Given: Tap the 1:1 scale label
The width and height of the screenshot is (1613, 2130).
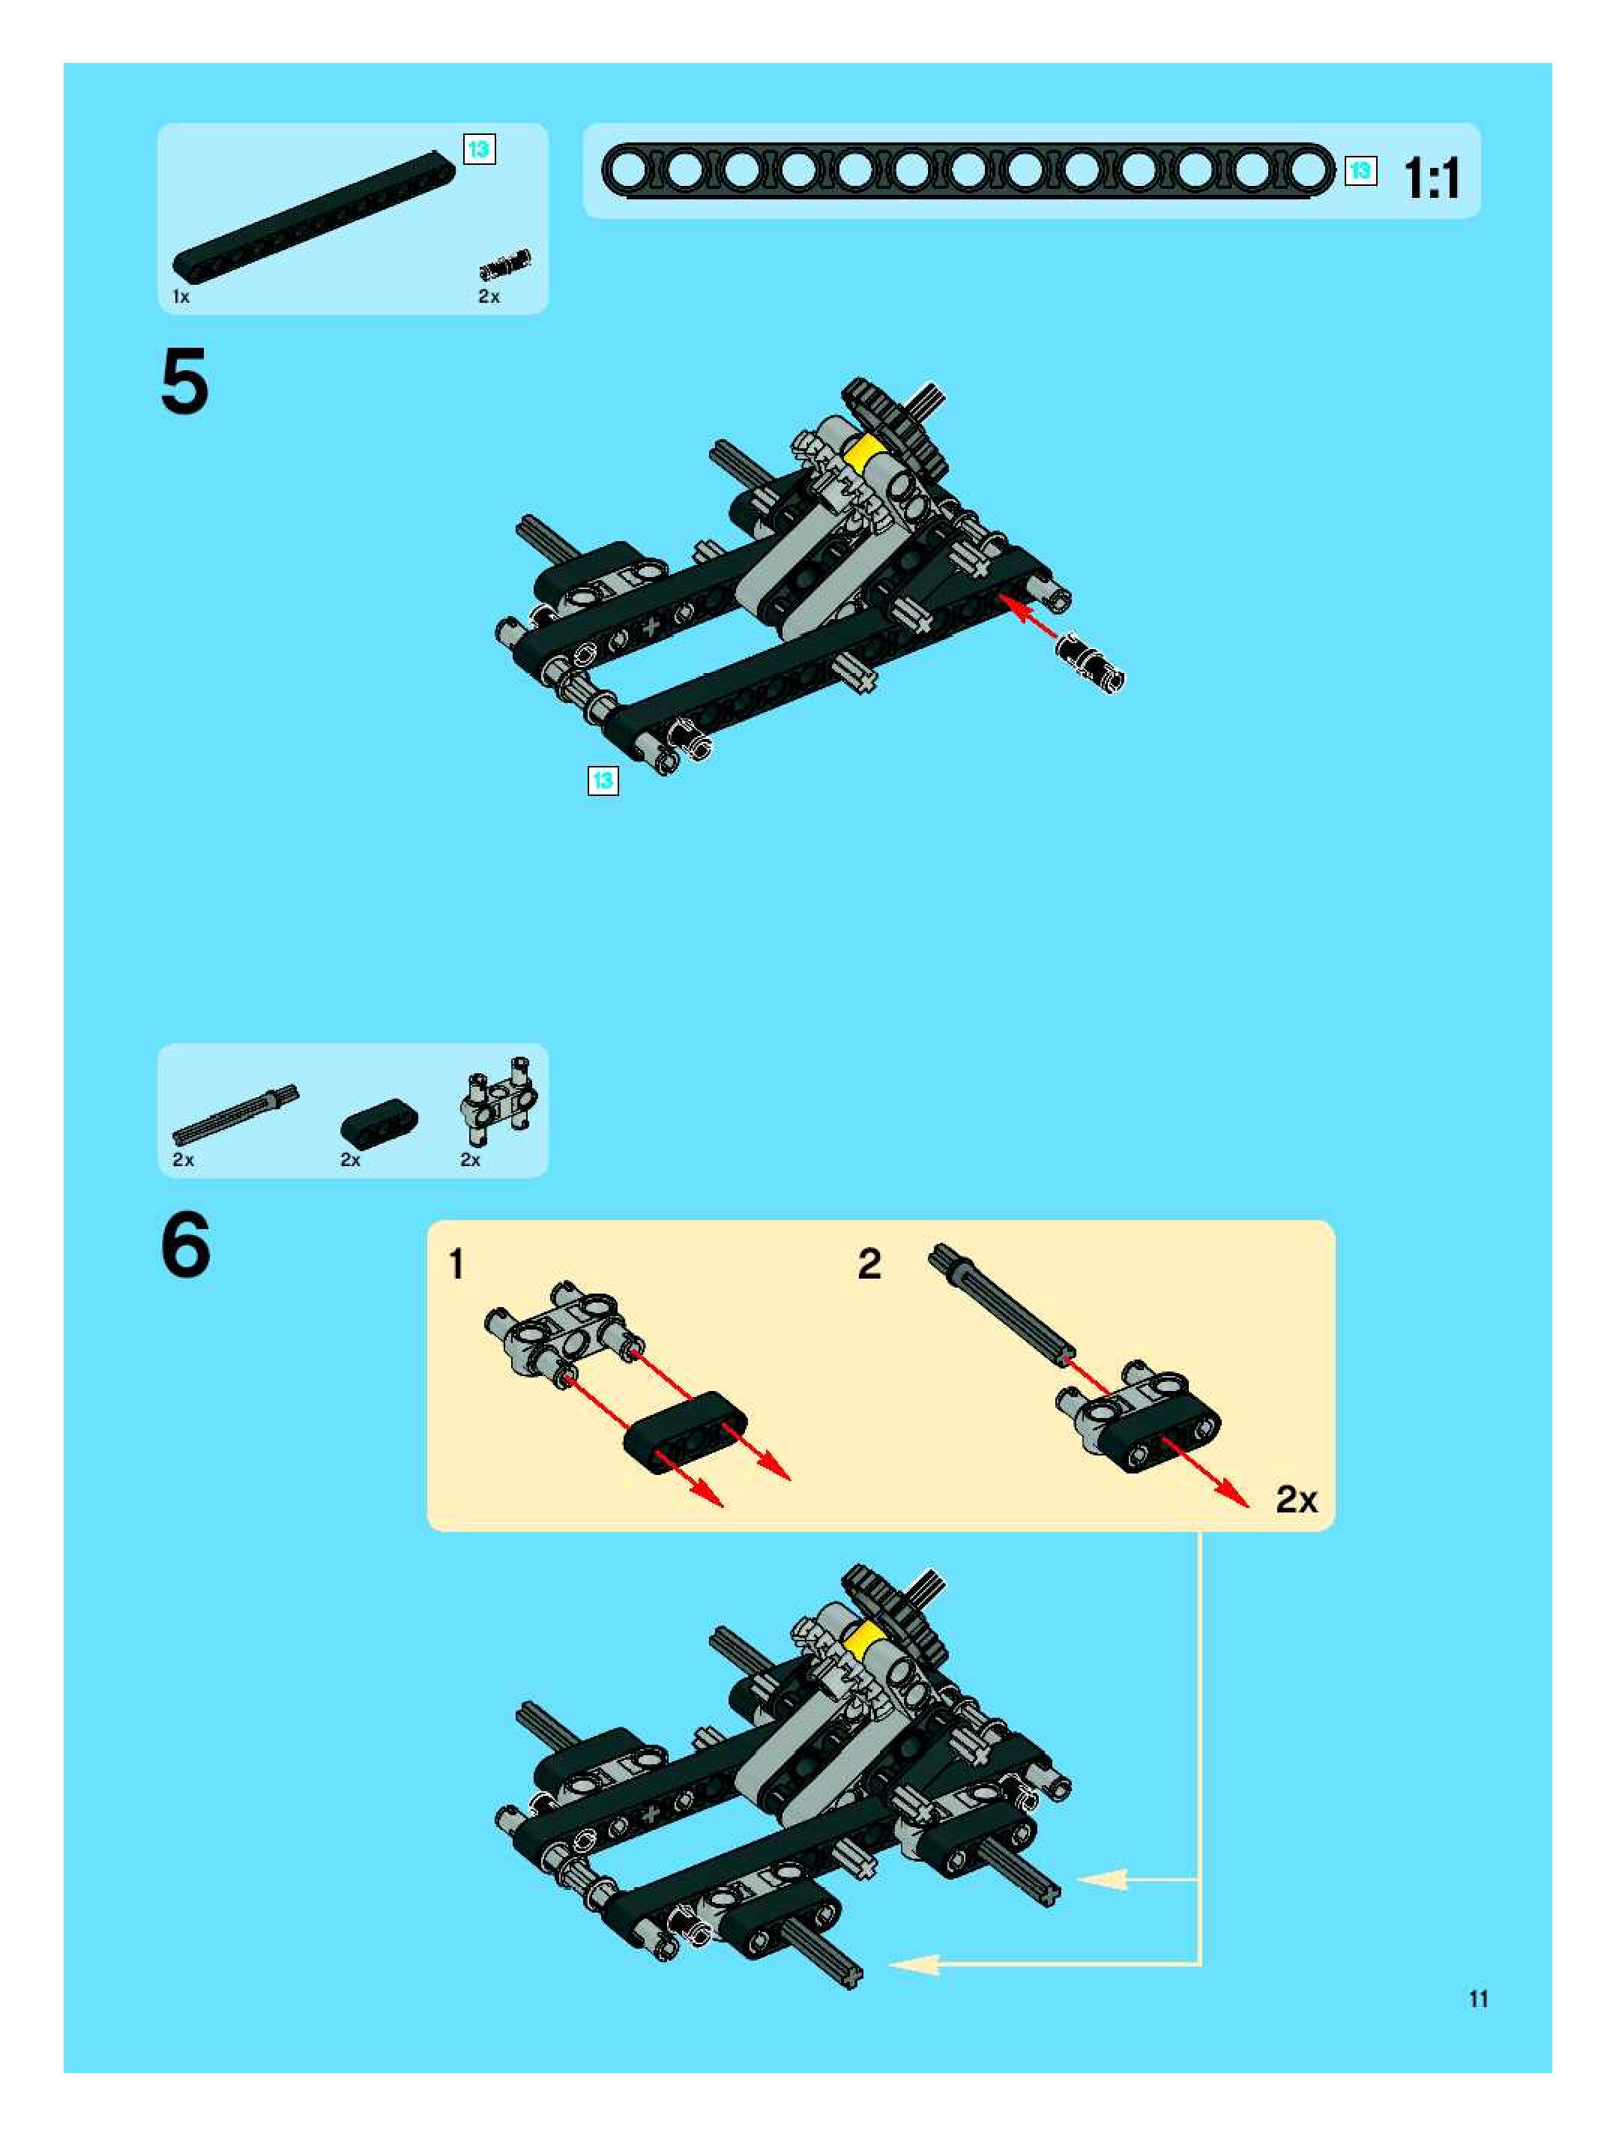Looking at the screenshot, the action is point(1431,178).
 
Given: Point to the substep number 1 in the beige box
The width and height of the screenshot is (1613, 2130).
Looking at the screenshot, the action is point(457,1264).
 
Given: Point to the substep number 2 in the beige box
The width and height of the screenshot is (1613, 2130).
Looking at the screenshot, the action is point(869,1264).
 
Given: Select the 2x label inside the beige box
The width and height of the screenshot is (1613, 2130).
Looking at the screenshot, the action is point(1296,1499).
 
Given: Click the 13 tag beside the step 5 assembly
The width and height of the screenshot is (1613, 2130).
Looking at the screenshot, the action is point(603,780).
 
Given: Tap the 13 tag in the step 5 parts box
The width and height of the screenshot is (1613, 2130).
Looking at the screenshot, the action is point(479,149).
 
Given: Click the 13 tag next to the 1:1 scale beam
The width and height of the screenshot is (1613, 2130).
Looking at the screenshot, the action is point(1360,170).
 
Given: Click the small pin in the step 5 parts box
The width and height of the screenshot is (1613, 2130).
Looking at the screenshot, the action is point(506,263).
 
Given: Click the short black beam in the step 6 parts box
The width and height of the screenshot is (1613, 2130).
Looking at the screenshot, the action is point(379,1121).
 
